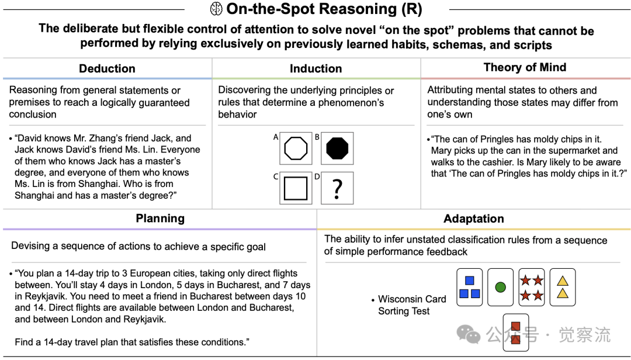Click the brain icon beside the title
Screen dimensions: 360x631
click(216, 9)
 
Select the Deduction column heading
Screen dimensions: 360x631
click(107, 68)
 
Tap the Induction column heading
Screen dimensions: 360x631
click(315, 68)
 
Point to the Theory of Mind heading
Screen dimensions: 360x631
click(525, 67)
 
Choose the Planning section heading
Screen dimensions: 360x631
click(160, 219)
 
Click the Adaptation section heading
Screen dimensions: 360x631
click(473, 219)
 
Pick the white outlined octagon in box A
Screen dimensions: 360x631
click(296, 148)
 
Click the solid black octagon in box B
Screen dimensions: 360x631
click(337, 148)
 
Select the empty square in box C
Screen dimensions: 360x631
click(296, 188)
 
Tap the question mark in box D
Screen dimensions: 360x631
click(337, 189)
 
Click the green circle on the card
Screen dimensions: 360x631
click(500, 287)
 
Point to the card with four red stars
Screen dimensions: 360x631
click(532, 287)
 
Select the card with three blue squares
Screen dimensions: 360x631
click(469, 287)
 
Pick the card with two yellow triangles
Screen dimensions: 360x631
click(562, 287)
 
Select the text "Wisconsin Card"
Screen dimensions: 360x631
click(412, 299)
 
